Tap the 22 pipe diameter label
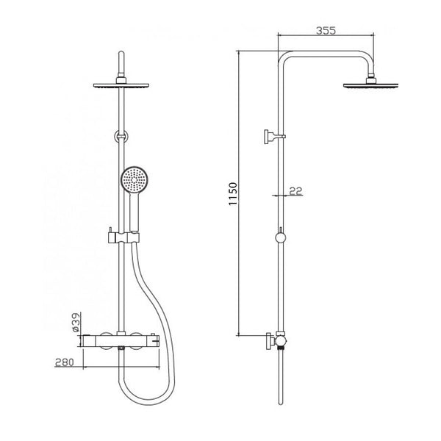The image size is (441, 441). pos(296,191)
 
